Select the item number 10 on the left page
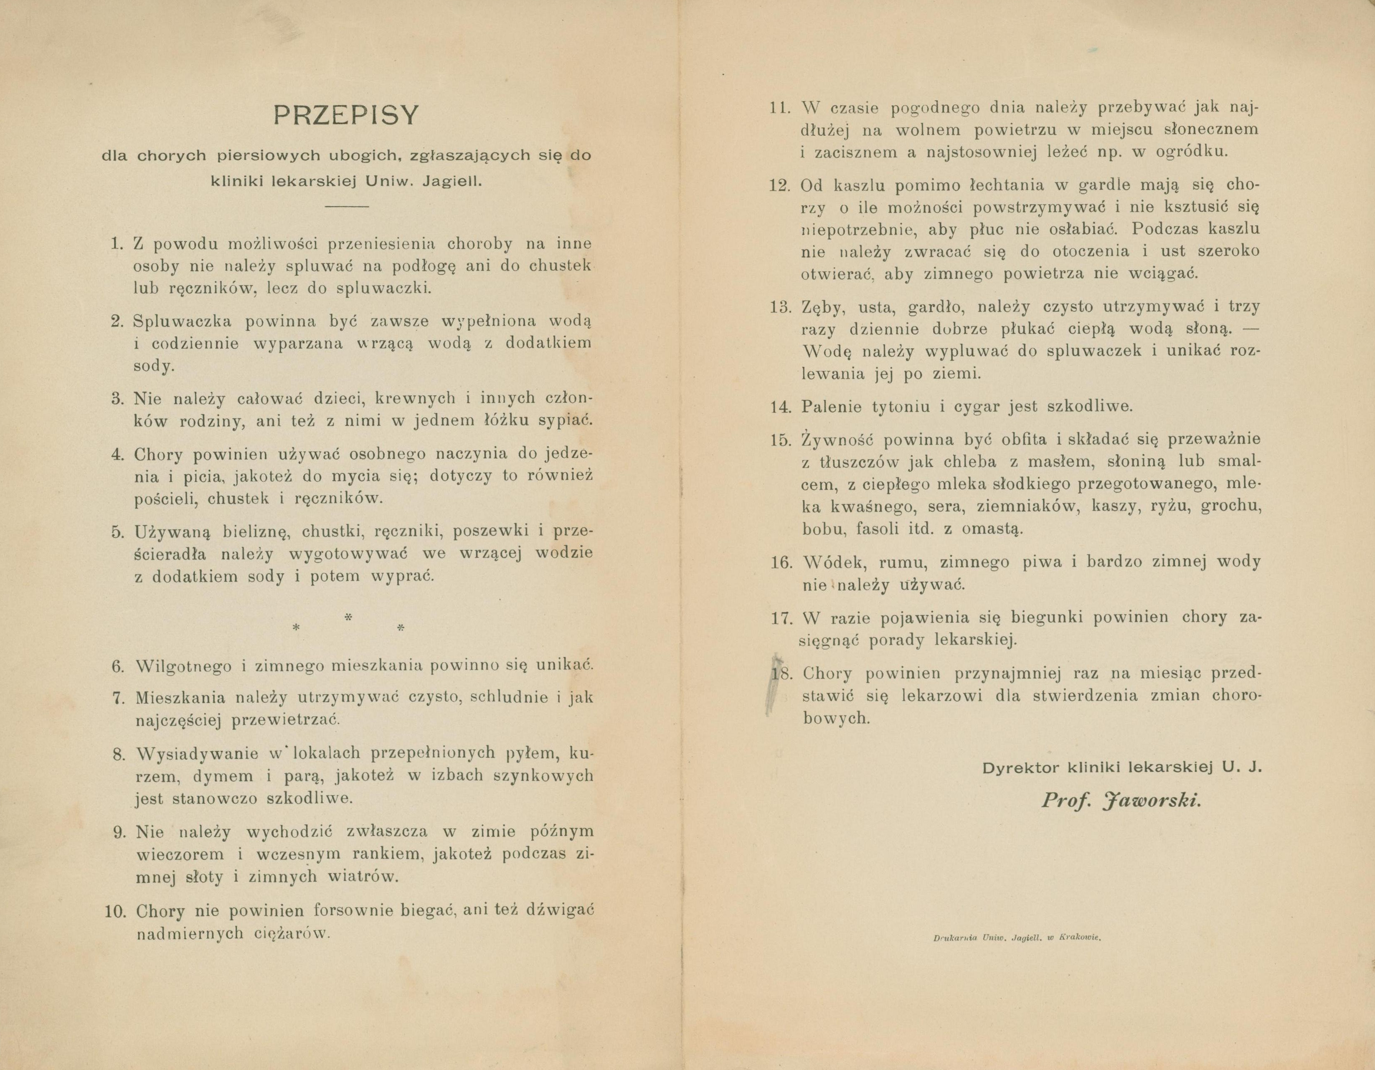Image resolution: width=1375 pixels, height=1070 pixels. (116, 911)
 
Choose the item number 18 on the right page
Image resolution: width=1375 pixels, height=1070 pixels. (781, 674)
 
